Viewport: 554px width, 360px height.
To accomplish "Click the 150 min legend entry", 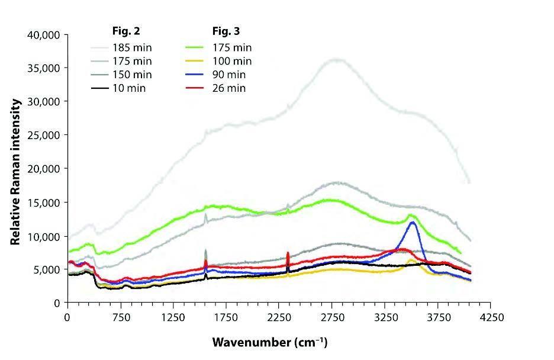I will coord(132,75).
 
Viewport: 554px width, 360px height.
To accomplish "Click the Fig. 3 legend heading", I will coord(226,30).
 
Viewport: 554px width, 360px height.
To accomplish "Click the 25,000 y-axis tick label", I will coord(43,135).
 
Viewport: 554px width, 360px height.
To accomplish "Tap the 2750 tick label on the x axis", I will coord(331,317).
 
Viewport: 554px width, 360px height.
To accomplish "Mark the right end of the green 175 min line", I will coord(460,253).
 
